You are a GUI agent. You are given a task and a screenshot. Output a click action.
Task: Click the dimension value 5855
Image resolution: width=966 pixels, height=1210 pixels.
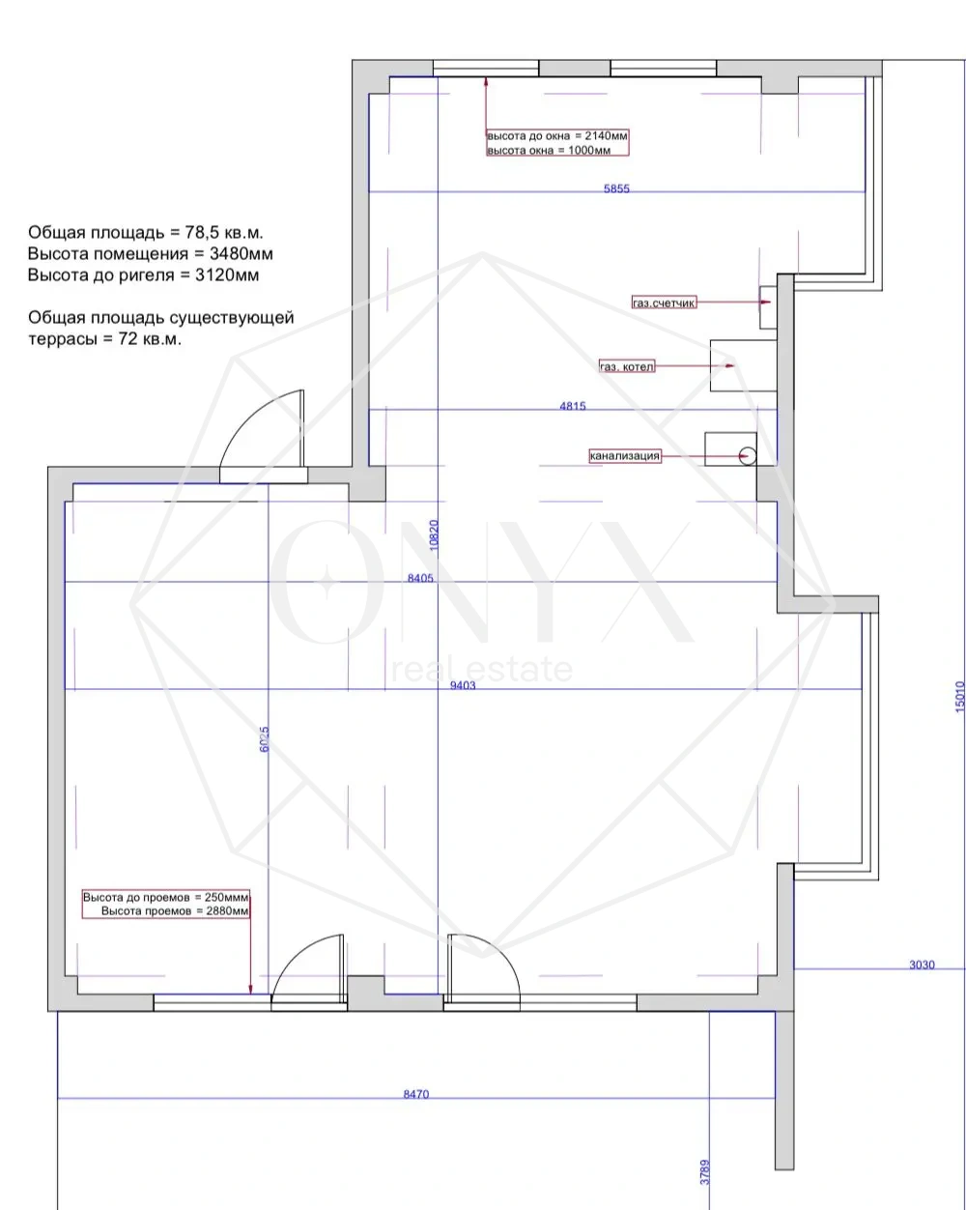[x=616, y=188]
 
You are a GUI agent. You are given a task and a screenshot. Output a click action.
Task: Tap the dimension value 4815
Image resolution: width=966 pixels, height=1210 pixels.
[x=573, y=406]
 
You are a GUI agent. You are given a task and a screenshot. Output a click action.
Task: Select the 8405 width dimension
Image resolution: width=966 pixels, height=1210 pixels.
[x=420, y=578]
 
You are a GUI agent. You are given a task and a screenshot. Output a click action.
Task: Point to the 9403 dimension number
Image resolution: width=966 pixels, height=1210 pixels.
[x=463, y=685]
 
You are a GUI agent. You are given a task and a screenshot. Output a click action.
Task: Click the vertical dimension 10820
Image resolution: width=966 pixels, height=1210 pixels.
[x=434, y=534]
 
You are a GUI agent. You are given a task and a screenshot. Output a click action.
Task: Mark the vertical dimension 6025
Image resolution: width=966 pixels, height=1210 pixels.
[x=264, y=739]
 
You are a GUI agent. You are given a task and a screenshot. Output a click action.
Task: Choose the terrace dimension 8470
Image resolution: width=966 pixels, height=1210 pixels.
[x=415, y=1094]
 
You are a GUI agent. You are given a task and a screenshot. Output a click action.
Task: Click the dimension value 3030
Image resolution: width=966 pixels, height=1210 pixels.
[x=923, y=965]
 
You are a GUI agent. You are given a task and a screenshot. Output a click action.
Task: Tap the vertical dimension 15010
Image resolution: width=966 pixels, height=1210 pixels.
[x=960, y=697]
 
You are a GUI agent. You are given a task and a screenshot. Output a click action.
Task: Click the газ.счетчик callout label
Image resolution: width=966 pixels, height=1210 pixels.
[x=665, y=303]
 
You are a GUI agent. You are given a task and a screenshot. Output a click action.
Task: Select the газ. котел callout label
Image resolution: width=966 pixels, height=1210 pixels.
[x=627, y=366]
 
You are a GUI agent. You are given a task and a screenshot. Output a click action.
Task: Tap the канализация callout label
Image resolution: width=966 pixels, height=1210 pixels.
[x=624, y=455]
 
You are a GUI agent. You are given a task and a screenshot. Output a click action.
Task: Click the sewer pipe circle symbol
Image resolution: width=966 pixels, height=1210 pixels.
[x=748, y=456]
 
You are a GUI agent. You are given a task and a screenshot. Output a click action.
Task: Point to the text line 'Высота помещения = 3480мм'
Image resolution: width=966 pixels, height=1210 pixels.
[x=150, y=253]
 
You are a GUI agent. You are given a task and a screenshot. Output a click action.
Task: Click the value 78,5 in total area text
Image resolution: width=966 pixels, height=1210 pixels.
[x=199, y=232]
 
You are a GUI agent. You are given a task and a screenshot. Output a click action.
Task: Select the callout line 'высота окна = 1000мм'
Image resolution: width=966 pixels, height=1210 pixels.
[x=549, y=150]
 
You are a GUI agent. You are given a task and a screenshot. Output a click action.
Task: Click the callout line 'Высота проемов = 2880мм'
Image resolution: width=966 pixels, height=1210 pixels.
[x=175, y=910]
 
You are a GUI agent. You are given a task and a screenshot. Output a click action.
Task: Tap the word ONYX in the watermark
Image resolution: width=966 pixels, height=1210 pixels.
[x=481, y=582]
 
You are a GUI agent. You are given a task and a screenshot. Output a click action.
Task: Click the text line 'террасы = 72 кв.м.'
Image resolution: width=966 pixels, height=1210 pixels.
[x=105, y=339]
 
